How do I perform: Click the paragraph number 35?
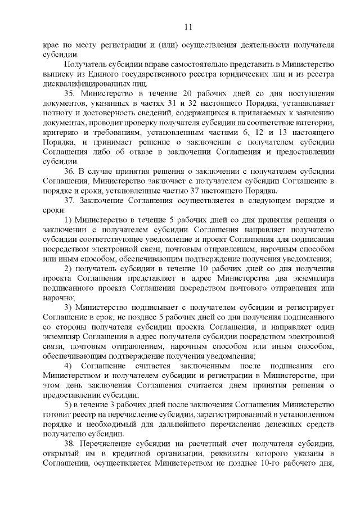70,92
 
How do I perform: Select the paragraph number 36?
70,171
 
